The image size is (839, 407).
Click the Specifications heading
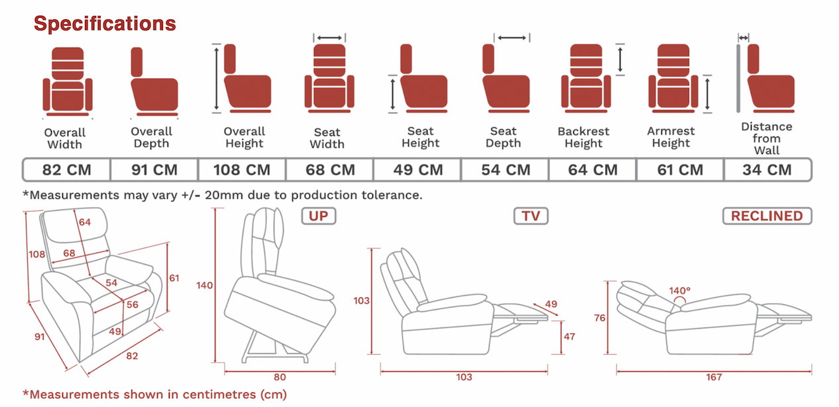(x=105, y=24)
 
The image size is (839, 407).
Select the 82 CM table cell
(x=67, y=170)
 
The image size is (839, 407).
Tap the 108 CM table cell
(x=242, y=170)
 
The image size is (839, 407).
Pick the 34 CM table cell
(x=767, y=170)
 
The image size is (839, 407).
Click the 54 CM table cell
(x=506, y=170)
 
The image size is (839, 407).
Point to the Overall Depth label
(x=151, y=137)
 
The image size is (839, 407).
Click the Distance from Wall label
(x=767, y=139)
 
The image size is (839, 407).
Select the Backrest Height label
(x=584, y=137)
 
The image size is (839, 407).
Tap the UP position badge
(x=319, y=216)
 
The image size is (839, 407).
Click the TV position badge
(x=531, y=216)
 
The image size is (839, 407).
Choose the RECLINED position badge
(x=767, y=216)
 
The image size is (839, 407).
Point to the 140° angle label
(x=679, y=290)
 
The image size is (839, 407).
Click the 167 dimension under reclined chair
(x=714, y=377)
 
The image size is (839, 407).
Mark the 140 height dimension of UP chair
(x=204, y=286)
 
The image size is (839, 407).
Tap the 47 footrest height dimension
(x=569, y=337)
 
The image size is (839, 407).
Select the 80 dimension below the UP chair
(x=280, y=377)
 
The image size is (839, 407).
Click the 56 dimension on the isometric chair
(x=133, y=304)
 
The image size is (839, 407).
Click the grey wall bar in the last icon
(x=738, y=78)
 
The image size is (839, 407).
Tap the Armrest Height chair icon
(x=673, y=78)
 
